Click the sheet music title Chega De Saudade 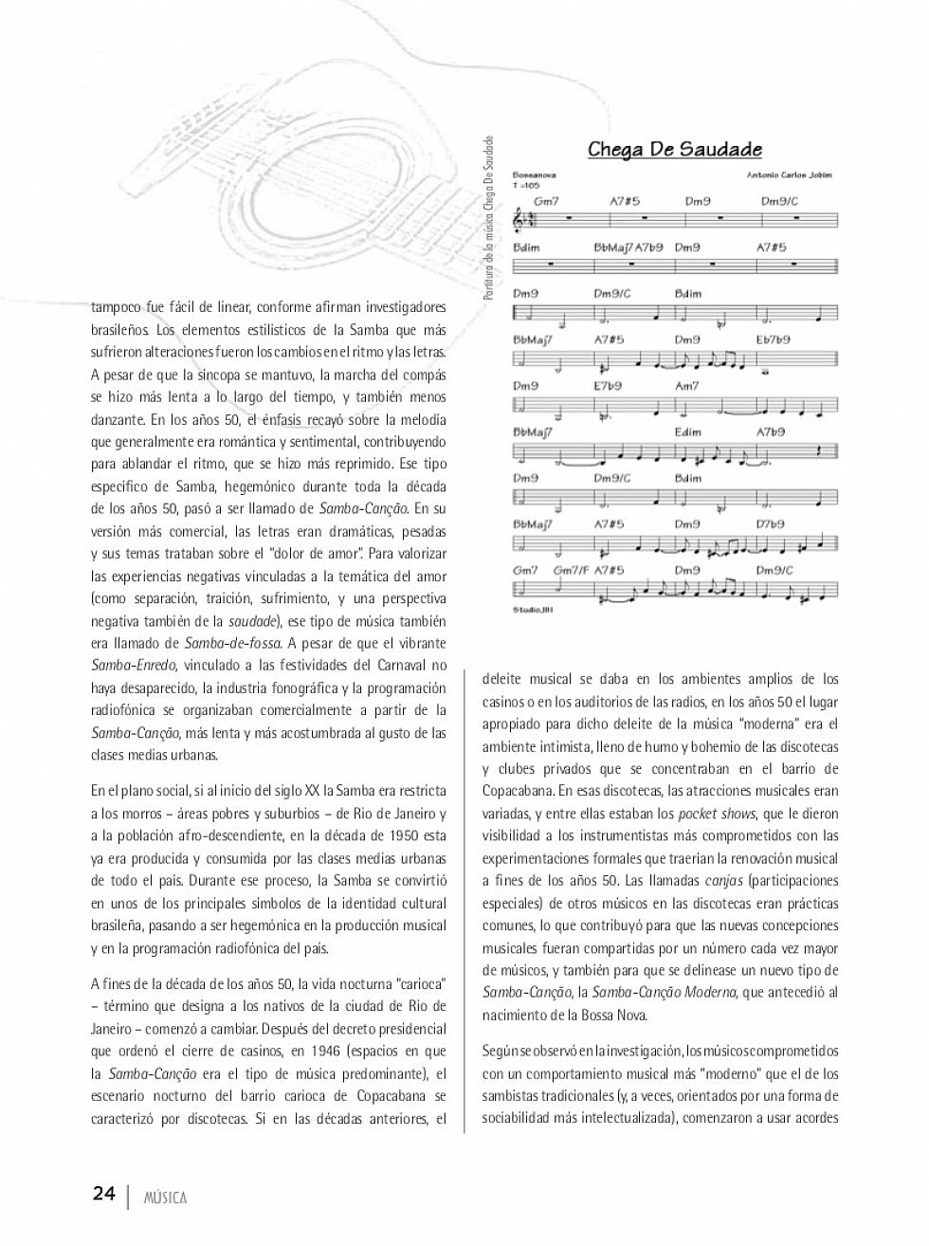point(675,149)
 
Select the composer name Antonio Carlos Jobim point(789,175)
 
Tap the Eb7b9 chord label point(774,339)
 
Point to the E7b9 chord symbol point(608,386)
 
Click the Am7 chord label point(686,386)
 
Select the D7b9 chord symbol point(770,524)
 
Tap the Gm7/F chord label point(572,570)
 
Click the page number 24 point(103,1193)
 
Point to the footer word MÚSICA point(165,1198)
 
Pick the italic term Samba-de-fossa point(232,644)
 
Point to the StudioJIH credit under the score point(533,610)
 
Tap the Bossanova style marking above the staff point(535,175)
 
